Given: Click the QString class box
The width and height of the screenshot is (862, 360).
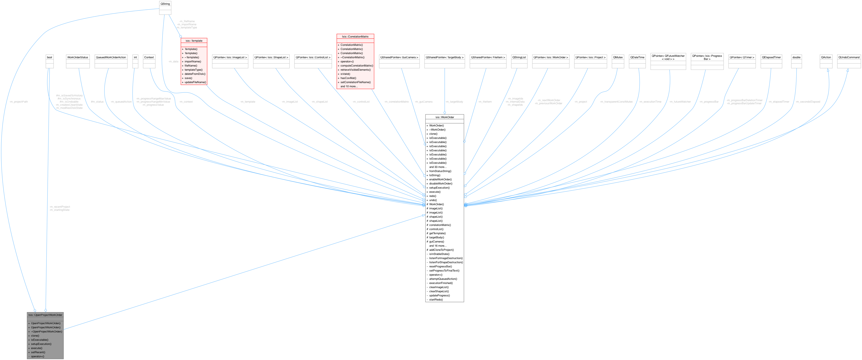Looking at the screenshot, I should (165, 4).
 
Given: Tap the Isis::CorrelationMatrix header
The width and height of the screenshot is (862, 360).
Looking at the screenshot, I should (355, 36).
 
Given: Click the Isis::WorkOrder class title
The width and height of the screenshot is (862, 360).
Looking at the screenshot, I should (444, 117).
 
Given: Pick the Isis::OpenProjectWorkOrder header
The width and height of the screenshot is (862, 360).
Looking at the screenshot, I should (45, 315).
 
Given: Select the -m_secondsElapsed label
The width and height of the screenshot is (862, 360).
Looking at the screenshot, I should (807, 102).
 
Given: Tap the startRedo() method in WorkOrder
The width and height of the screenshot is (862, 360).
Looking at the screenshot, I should (436, 300).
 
